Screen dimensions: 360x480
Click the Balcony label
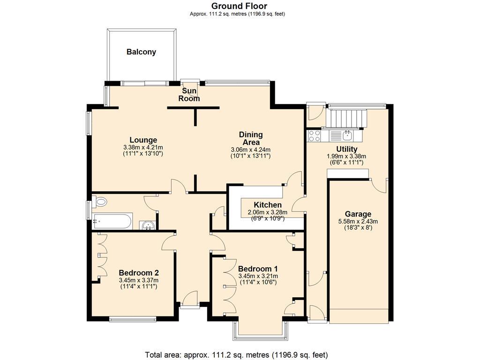coord(141,52)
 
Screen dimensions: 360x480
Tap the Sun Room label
coord(189,95)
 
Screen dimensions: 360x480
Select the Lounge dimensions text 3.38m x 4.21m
coord(143,147)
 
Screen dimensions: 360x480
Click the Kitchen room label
coord(268,205)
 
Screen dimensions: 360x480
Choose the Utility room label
coord(346,149)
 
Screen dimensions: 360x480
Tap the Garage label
coord(358,214)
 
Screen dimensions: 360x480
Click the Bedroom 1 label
coord(258,269)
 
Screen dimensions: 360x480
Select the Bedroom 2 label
coord(139,273)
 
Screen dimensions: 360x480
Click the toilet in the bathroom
coord(100,202)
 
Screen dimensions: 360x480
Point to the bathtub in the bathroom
coord(112,221)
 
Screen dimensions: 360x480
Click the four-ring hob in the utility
coord(314,136)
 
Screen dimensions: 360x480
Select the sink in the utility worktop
coord(347,135)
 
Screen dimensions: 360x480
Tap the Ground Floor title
coord(239,6)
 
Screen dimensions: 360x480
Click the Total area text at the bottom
coord(237,354)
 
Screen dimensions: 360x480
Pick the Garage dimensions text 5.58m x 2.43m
coord(358,222)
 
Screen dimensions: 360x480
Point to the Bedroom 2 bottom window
coord(133,320)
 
